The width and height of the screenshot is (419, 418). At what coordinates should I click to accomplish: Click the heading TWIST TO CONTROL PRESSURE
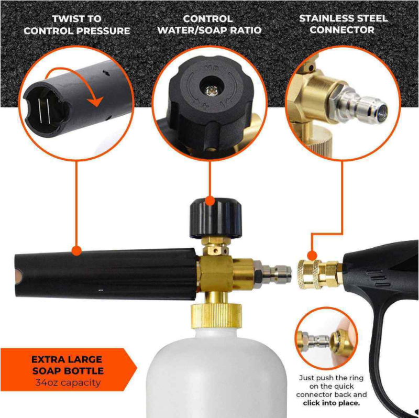pos(77,25)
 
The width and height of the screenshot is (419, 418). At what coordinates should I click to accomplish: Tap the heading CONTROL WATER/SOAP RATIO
pos(210,25)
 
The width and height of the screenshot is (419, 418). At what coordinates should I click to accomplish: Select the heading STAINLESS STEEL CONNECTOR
pos(343,25)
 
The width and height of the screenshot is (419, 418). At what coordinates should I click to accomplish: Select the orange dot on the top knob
pos(210,200)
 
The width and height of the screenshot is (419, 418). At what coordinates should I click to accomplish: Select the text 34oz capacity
pos(67,383)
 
